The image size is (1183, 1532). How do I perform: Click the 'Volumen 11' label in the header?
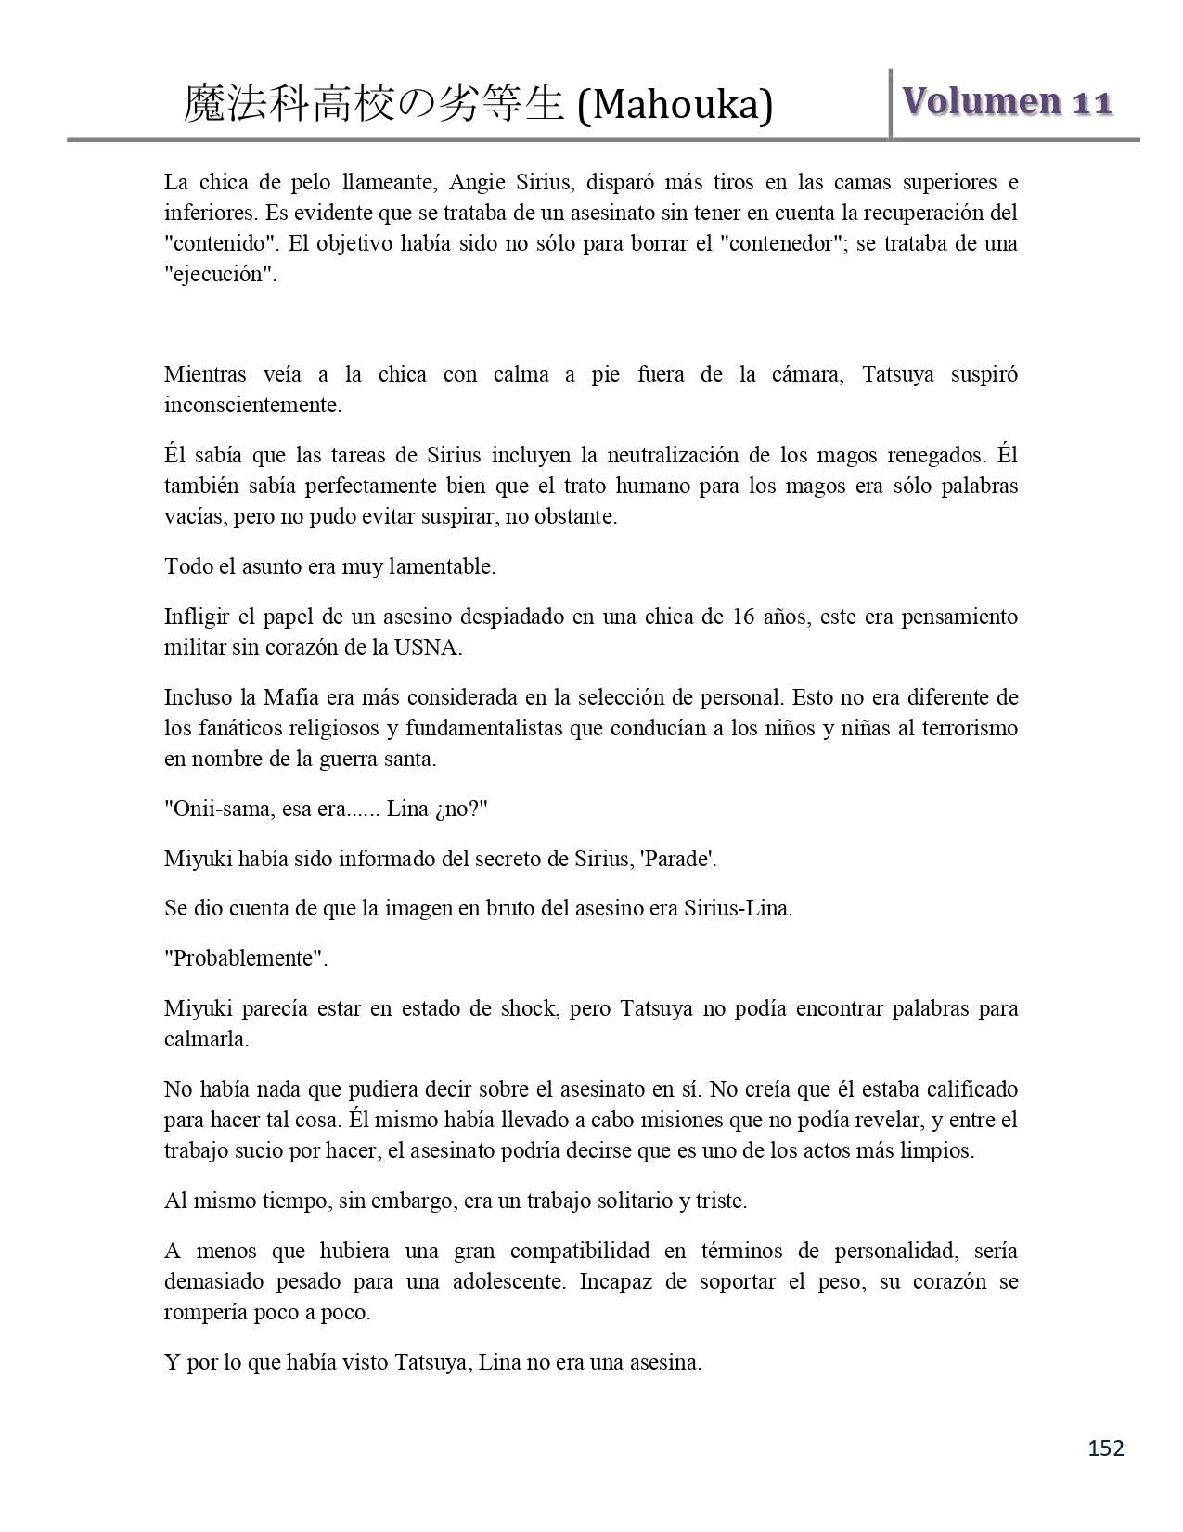(1006, 102)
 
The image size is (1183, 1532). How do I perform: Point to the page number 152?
(1105, 1448)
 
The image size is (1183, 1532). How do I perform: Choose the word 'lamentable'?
(446, 566)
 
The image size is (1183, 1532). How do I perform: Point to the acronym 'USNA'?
(432, 647)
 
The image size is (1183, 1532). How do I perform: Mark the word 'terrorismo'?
(969, 728)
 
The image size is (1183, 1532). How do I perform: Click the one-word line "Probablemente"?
(246, 958)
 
